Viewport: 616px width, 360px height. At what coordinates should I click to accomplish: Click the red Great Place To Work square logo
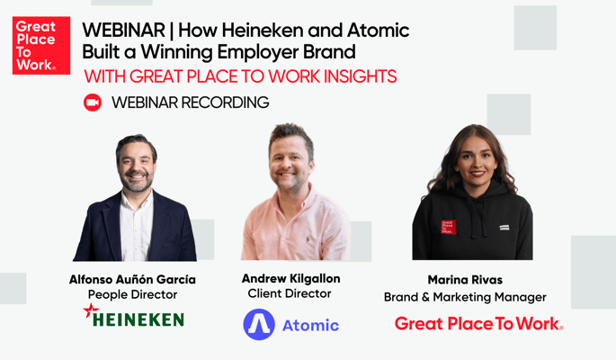[x=41, y=45]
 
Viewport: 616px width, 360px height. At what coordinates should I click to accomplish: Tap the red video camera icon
[x=93, y=103]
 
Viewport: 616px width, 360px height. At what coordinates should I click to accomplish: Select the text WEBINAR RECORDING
[x=190, y=103]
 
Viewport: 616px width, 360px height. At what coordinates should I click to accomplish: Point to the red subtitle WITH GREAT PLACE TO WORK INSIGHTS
[x=239, y=75]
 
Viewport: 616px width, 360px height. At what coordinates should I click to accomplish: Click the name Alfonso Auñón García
[x=132, y=279]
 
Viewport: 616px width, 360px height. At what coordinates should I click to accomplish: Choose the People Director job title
[x=132, y=294]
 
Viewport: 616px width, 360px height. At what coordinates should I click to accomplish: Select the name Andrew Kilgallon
[x=290, y=278]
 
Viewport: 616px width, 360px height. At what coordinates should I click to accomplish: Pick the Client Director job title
[x=290, y=293]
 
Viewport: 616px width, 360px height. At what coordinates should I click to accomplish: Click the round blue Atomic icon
[x=259, y=325]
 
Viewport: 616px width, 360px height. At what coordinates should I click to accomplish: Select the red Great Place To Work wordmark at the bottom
[x=479, y=324]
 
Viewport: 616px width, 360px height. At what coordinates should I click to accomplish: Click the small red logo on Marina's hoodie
[x=448, y=227]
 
